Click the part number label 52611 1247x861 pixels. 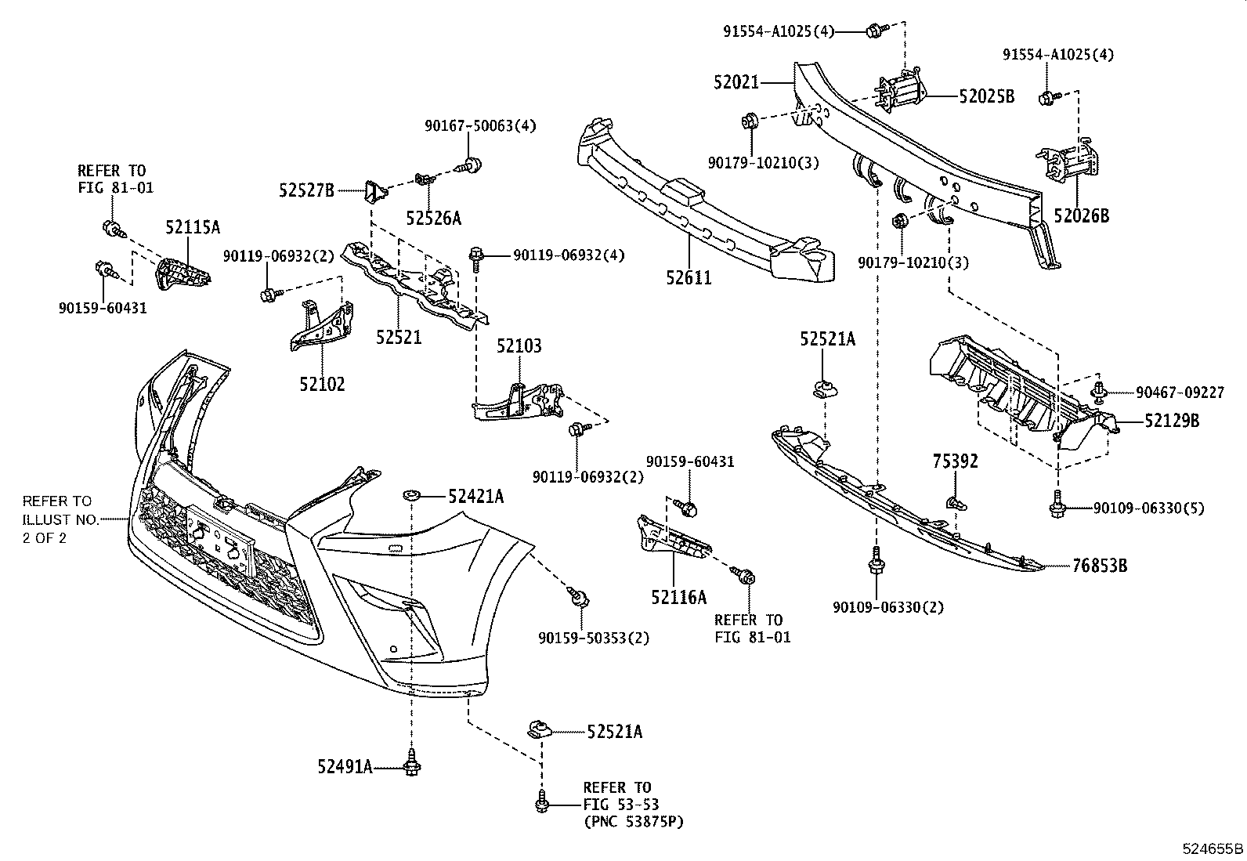pyautogui.click(x=689, y=277)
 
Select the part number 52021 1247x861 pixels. pyautogui.click(x=736, y=81)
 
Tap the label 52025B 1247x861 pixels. pyautogui.click(x=986, y=96)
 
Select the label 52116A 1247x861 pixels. pyautogui.click(x=678, y=597)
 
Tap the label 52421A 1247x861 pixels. pyautogui.click(x=475, y=496)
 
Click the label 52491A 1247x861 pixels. pyautogui.click(x=345, y=766)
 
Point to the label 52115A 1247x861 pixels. pyautogui.click(x=193, y=227)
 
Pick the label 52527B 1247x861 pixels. pyautogui.click(x=306, y=190)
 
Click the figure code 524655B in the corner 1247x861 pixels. pyautogui.click(x=1213, y=848)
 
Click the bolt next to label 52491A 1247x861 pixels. pyautogui.click(x=410, y=765)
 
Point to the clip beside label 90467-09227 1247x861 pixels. pyautogui.click(x=1101, y=392)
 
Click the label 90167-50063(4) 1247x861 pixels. pyautogui.click(x=480, y=125)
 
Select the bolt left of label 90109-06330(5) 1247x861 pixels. pyautogui.click(x=1057, y=508)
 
